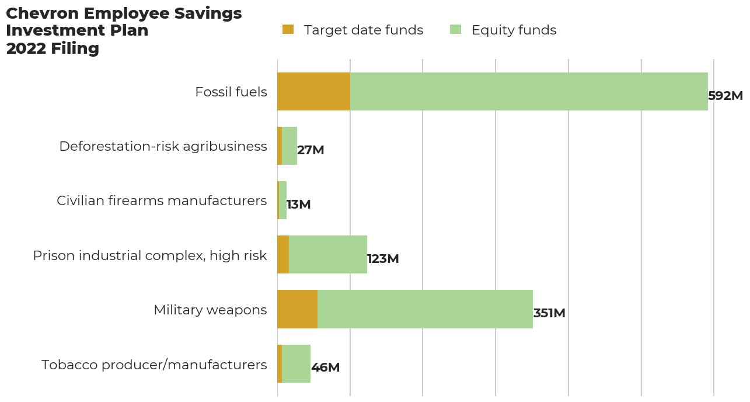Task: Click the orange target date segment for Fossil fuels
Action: point(313,92)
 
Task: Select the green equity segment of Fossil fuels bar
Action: point(528,92)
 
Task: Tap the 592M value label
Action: point(725,96)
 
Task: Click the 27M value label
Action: point(311,150)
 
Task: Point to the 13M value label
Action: point(298,205)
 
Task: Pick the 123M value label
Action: point(383,259)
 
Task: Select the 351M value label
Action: point(549,313)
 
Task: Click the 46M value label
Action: point(325,368)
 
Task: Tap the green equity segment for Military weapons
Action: point(425,309)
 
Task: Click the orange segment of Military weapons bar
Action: point(297,309)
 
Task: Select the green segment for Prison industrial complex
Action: point(328,255)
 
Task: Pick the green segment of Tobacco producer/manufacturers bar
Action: point(296,363)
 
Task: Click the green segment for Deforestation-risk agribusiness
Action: point(289,146)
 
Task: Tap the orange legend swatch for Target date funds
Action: point(288,29)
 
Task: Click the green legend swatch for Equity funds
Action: point(455,29)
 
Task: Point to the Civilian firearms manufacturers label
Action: point(162,201)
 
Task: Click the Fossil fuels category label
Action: point(231,92)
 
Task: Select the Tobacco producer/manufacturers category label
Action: point(154,365)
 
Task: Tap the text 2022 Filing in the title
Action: point(53,48)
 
